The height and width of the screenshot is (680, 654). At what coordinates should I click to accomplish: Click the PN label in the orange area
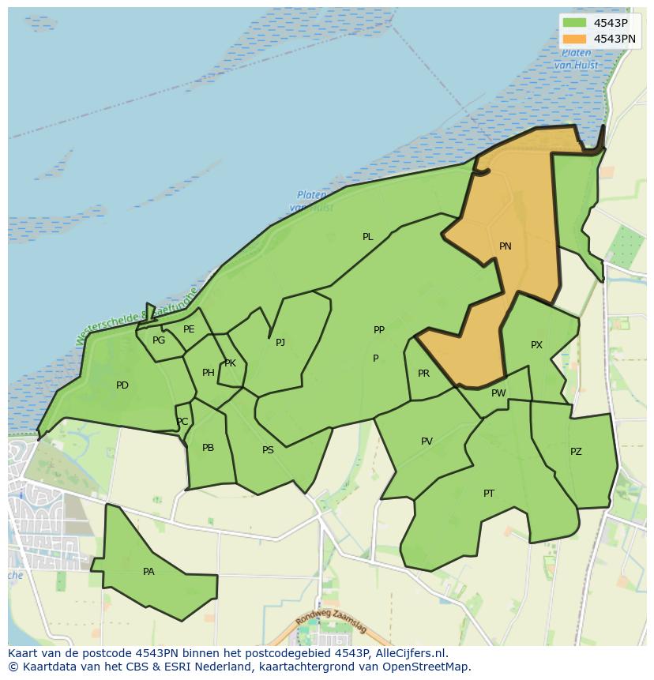pos(506,246)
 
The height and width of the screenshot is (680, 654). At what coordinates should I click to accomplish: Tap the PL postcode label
pos(368,237)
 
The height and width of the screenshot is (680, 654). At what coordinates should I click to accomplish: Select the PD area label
pos(122,385)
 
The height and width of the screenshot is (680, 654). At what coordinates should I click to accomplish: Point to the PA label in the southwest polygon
pos(148,572)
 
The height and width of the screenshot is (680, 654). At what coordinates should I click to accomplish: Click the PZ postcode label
pos(576,452)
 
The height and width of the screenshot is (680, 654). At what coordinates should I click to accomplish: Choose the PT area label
pos(489,494)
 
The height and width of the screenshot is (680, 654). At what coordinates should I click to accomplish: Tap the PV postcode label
pos(427,441)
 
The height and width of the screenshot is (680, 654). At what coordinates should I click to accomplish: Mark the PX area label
pos(536,345)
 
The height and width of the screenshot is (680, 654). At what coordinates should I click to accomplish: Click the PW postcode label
pos(498,393)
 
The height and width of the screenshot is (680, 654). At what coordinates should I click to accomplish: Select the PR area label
pos(423,374)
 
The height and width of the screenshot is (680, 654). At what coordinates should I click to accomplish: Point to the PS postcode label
pos(268,450)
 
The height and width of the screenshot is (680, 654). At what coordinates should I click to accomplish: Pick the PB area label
pos(208,448)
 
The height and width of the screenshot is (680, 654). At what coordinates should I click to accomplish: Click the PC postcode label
pos(182,422)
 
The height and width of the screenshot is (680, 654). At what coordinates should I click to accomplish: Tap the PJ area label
pos(280,343)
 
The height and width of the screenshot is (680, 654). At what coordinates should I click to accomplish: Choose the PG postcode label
pos(159,340)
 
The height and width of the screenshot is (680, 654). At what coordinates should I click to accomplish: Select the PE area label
pos(189,329)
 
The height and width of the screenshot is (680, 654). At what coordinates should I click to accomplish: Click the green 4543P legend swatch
pos(574,23)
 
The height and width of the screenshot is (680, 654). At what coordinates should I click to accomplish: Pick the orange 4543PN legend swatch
pos(574,39)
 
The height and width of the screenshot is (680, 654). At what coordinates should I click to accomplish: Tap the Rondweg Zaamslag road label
pos(332,624)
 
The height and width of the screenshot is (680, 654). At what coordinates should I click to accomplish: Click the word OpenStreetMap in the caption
pos(426,667)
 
